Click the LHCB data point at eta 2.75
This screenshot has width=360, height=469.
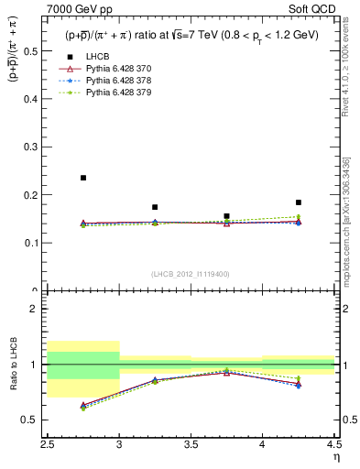(83, 178)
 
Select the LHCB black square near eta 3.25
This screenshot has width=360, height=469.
(155, 207)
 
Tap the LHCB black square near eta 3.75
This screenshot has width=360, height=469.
(226, 216)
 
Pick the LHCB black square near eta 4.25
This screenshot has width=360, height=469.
(298, 202)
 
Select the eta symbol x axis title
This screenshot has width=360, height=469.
(335, 455)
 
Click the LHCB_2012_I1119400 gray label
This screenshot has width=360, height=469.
(191, 274)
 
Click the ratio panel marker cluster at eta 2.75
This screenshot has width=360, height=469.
(83, 406)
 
